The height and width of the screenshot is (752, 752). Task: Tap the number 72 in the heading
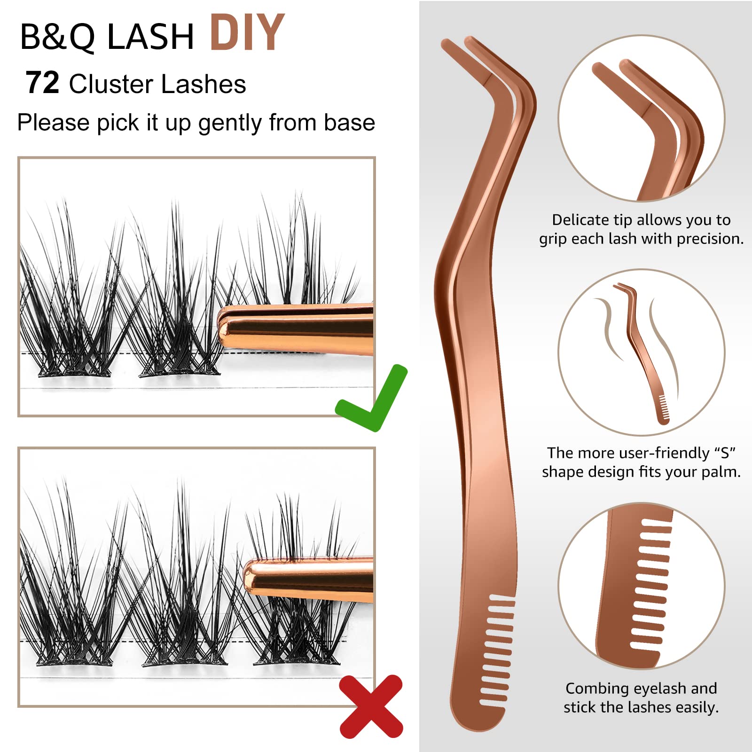tap(42, 83)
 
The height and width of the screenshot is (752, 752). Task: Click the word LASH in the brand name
tap(150, 37)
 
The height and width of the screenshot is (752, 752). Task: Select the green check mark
tap(371, 398)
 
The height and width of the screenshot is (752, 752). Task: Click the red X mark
tap(371, 706)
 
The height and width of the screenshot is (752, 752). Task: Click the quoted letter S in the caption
tap(724, 453)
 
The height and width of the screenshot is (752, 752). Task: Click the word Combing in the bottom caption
tap(596, 689)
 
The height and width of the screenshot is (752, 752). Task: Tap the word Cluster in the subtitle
tap(112, 84)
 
